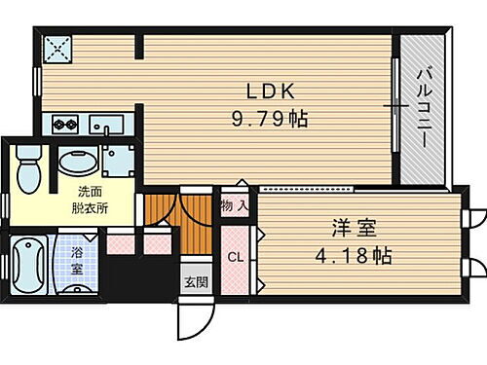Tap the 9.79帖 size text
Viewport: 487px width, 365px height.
pos(270,121)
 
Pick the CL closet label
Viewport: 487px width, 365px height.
pos(236,258)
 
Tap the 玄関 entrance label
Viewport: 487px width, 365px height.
pos(194,282)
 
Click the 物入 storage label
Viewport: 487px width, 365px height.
pos(234,205)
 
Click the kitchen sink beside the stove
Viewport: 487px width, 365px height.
pos(106,125)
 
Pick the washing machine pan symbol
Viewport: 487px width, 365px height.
pos(120,160)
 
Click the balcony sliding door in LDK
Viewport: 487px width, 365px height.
pos(395,107)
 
